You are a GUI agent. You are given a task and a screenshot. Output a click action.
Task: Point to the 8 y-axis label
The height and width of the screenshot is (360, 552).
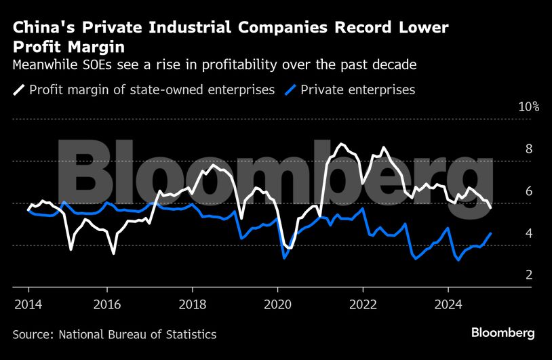[x=528, y=149]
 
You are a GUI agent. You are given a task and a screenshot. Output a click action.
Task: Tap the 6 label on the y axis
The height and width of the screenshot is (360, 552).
[x=528, y=191]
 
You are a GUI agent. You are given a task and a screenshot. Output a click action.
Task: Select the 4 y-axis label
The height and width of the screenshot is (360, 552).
[x=528, y=233]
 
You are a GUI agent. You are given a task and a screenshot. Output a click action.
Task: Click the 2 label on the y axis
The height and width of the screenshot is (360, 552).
[x=528, y=275]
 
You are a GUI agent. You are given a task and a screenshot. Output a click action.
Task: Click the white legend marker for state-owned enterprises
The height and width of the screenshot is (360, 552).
[x=18, y=89]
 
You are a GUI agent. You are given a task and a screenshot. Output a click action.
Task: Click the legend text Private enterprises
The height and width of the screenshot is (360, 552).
[x=357, y=89]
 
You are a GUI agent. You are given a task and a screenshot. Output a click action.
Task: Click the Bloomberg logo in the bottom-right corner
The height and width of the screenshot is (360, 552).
[x=503, y=333]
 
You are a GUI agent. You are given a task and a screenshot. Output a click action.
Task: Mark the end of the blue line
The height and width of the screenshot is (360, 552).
[x=491, y=233]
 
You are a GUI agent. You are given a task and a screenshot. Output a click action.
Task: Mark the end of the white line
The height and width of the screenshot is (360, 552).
[x=491, y=207]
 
